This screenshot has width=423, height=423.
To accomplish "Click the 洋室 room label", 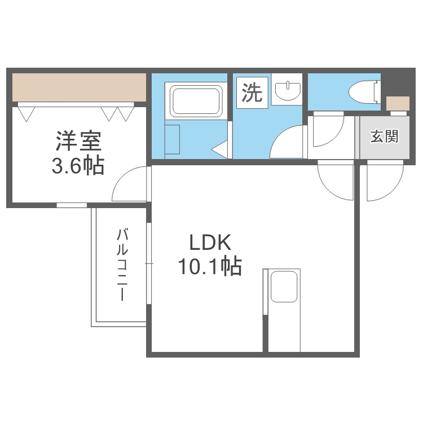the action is point(79,141).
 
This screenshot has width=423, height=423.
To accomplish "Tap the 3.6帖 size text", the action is point(78,166).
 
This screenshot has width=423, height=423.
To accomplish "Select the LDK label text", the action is point(210,243).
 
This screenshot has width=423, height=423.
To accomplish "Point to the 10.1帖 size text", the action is point(210,267).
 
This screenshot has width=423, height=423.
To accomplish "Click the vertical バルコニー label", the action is point(122,265).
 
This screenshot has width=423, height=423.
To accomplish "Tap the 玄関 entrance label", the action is point(384,136).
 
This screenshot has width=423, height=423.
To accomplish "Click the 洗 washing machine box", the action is point(252,93).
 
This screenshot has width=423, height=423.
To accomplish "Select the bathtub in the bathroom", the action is point(196,100).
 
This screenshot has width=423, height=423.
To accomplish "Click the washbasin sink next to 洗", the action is point(288,91).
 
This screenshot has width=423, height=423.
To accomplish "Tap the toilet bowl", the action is point(364,92).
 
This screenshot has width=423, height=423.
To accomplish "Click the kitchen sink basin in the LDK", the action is point(284,287).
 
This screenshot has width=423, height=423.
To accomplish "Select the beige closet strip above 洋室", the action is point(80,87).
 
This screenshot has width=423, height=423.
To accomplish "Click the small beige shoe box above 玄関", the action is point(398,103).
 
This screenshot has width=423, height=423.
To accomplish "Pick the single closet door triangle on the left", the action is point(27,114).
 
